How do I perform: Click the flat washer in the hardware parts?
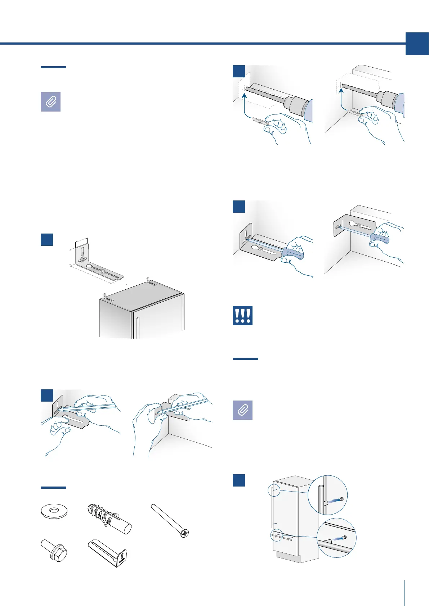pyautogui.click(x=54, y=511)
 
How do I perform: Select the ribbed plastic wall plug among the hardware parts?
pyautogui.click(x=109, y=519)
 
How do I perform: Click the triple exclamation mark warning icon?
pyautogui.click(x=242, y=316)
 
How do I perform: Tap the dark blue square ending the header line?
pyautogui.click(x=417, y=44)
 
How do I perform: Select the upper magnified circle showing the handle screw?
pyautogui.click(x=328, y=495)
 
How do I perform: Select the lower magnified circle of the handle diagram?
pyautogui.click(x=336, y=538)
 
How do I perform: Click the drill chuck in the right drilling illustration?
pyautogui.click(x=386, y=98)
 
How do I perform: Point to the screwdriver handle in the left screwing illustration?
pyautogui.click(x=292, y=253)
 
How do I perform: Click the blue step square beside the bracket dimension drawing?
pyautogui.click(x=47, y=239)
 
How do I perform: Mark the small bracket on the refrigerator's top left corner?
pyautogui.click(x=107, y=298)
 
